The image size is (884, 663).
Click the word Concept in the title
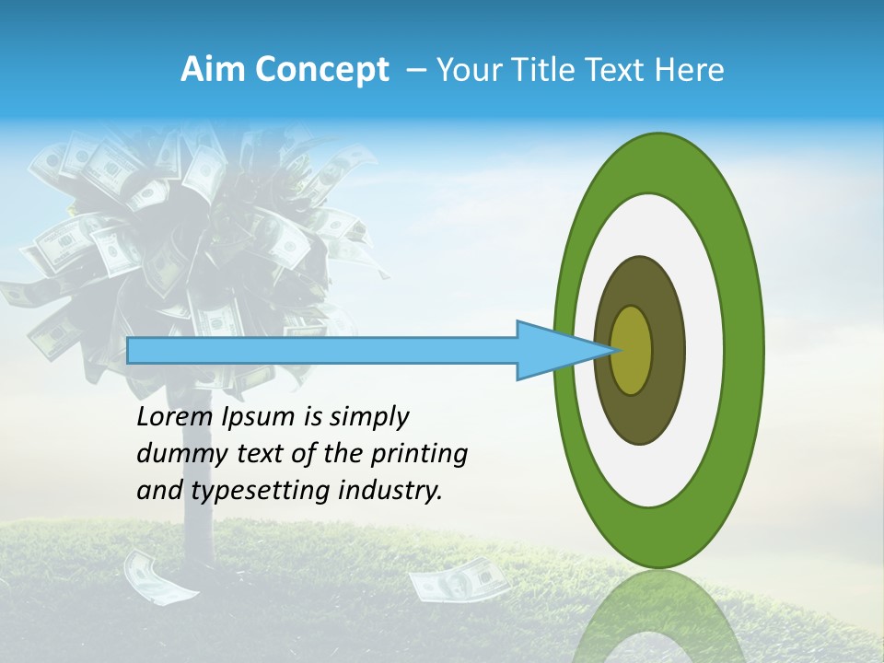pos(320,70)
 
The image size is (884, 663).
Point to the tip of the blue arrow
pos(614,350)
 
